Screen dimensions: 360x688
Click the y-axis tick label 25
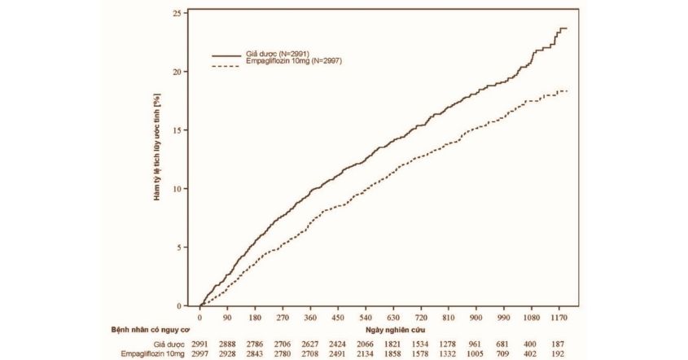(x=177, y=13)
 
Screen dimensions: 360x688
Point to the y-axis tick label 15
(x=177, y=130)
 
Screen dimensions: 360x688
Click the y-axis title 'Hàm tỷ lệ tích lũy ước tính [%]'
(x=157, y=159)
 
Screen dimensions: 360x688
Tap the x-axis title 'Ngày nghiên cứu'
(x=396, y=330)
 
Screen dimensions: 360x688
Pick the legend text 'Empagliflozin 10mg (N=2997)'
(x=291, y=61)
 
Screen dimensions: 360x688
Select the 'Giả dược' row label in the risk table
(x=167, y=345)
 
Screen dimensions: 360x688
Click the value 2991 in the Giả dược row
(x=200, y=345)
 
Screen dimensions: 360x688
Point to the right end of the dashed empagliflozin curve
(x=567, y=90)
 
